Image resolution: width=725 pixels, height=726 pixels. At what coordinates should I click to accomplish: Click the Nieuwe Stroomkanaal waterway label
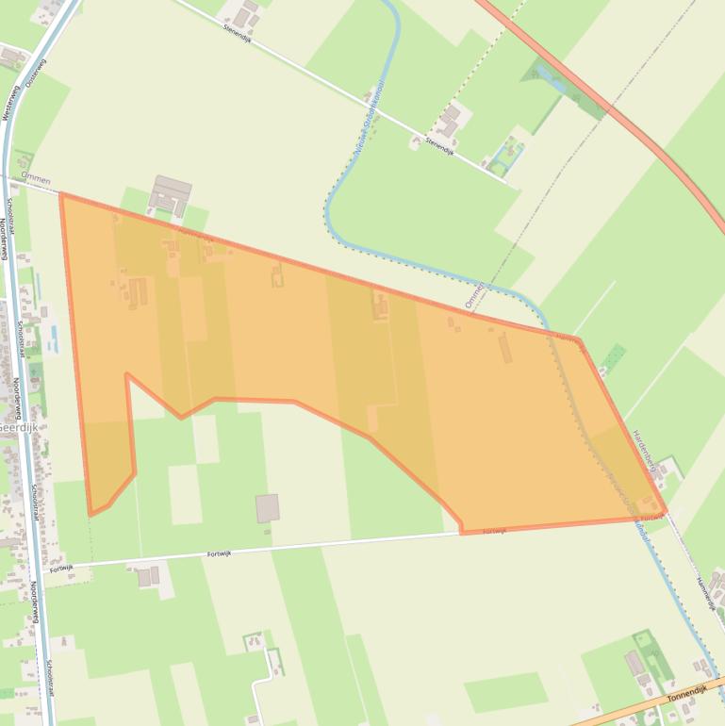point(369,117)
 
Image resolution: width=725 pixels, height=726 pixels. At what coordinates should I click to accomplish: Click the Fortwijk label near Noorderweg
point(61,569)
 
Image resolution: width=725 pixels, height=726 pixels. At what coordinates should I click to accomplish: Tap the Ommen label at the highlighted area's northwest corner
point(35,179)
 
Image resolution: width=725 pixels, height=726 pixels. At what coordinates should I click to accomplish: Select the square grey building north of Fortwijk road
point(268,507)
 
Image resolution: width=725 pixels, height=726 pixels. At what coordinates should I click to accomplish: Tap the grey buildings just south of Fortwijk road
point(147,576)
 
